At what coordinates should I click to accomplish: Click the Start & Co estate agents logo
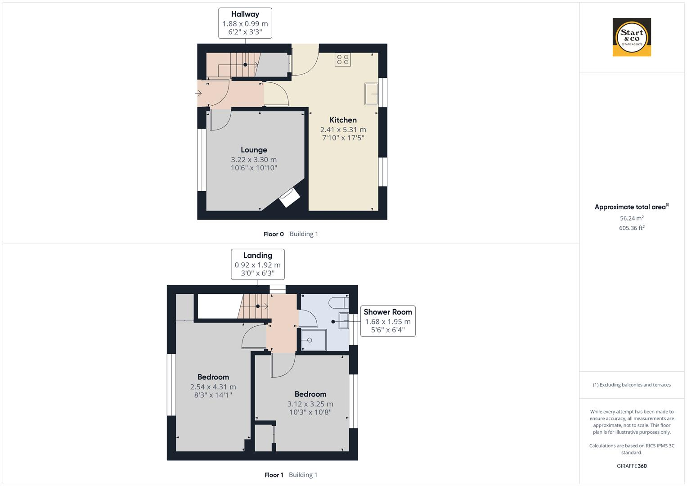[x=632, y=37]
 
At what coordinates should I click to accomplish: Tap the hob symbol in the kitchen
[x=342, y=60]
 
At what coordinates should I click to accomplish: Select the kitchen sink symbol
[x=371, y=94]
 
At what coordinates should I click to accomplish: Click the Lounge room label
[x=254, y=150]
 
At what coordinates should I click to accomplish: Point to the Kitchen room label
[x=343, y=120]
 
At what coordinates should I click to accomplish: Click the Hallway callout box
[x=245, y=23]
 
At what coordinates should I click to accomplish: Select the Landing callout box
[x=257, y=264]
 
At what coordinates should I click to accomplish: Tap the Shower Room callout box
[x=387, y=321]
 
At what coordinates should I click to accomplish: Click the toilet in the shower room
[x=338, y=302]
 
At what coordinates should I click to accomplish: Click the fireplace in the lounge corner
[x=289, y=198]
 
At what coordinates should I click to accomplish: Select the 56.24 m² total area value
[x=632, y=218]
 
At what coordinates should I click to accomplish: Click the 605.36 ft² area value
[x=632, y=228]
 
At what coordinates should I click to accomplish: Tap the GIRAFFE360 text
[x=632, y=466]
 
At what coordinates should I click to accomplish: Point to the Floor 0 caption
[x=274, y=234]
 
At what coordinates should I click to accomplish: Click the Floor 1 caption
[x=274, y=475]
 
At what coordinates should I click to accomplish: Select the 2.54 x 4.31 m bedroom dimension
[x=213, y=387]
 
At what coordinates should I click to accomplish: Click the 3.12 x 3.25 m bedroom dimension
[x=310, y=404]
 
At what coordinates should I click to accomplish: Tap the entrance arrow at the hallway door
[x=198, y=94]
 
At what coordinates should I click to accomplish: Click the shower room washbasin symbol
[x=344, y=321]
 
